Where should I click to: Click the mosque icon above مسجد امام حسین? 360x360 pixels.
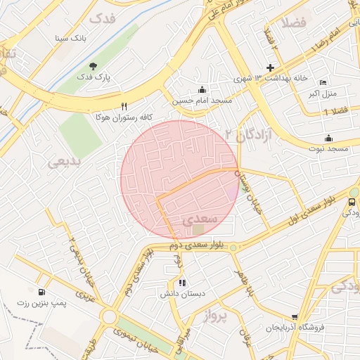pyautogui.click(x=203, y=89)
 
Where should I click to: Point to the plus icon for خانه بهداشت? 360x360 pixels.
pyautogui.click(x=269, y=67)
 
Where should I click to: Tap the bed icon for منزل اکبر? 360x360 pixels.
pyautogui.click(x=323, y=82)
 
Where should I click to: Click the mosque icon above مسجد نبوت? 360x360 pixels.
pyautogui.click(x=328, y=138)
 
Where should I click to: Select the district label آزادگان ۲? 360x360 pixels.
pyautogui.click(x=247, y=133)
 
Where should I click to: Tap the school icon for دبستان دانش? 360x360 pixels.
pyautogui.click(x=182, y=283)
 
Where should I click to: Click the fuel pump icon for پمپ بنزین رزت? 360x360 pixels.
pyautogui.click(x=41, y=291)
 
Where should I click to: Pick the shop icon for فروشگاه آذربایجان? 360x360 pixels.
pyautogui.click(x=295, y=317)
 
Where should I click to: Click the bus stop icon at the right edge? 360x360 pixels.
pyautogui.click(x=352, y=201)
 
